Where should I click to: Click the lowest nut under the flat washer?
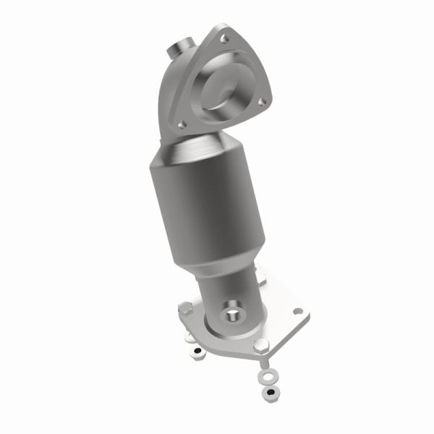point(270,392)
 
